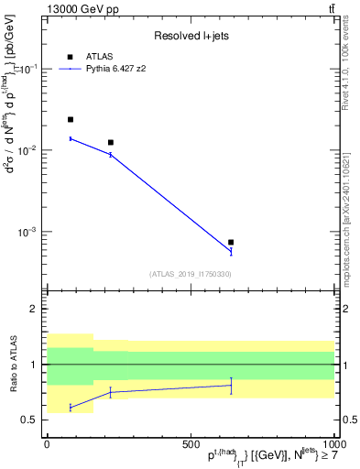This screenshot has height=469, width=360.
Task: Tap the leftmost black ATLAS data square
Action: point(71,119)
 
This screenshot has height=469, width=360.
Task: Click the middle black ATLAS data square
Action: point(111,142)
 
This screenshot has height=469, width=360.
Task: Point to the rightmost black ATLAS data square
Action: point(231,242)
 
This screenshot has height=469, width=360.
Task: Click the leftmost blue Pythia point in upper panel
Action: point(71,138)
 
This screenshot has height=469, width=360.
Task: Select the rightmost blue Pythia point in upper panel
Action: point(231,252)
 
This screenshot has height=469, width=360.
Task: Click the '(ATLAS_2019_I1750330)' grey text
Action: point(190,273)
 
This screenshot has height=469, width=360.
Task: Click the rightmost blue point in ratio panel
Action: point(231,385)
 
